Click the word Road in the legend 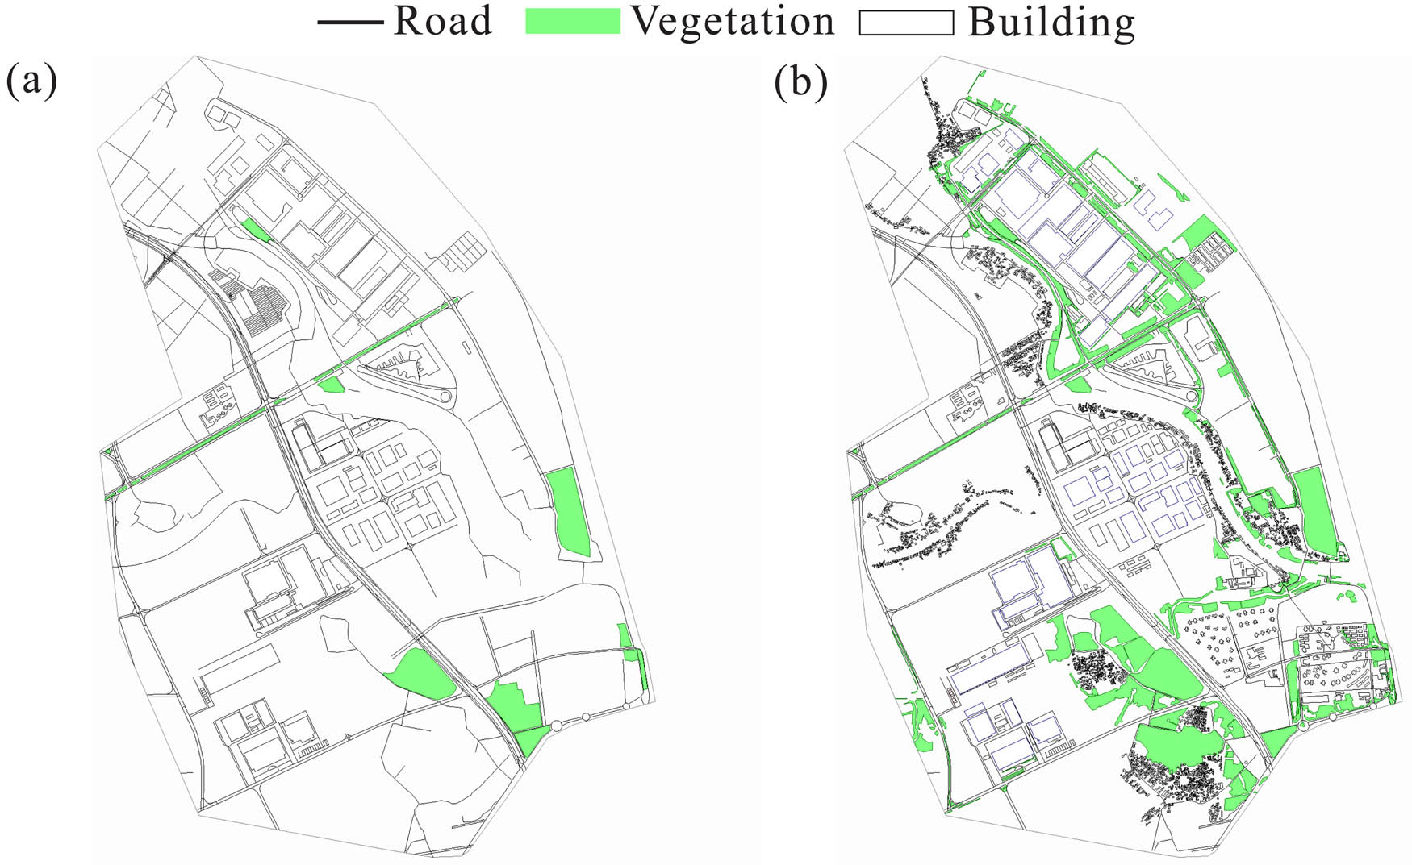pyautogui.click(x=442, y=21)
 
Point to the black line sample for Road pyautogui.click(x=349, y=22)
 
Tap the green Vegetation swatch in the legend pyautogui.click(x=572, y=22)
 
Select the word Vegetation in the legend pyautogui.click(x=733, y=21)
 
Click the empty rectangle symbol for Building pyautogui.click(x=906, y=23)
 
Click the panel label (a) pyautogui.click(x=31, y=81)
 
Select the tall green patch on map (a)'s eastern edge pyautogui.click(x=569, y=512)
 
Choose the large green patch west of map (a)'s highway pyautogui.click(x=422, y=673)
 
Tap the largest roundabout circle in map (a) pyautogui.click(x=555, y=726)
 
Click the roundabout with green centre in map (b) pyautogui.click(x=1302, y=726)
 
